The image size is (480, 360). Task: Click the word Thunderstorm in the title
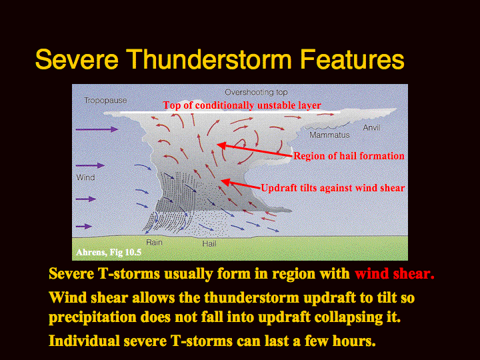pyautogui.click(x=209, y=59)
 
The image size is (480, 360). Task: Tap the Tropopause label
pyautogui.click(x=105, y=101)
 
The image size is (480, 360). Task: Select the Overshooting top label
pyautogui.click(x=256, y=93)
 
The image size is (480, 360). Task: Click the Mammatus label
pyautogui.click(x=329, y=135)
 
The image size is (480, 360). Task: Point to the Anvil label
pyautogui.click(x=371, y=127)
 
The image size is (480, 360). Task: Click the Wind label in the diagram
pyautogui.click(x=86, y=177)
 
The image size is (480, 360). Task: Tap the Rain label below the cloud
pyautogui.click(x=154, y=243)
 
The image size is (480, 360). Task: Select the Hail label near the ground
pyautogui.click(x=209, y=244)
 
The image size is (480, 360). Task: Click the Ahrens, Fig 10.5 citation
pyautogui.click(x=109, y=252)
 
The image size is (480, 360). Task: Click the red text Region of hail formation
pyautogui.click(x=349, y=156)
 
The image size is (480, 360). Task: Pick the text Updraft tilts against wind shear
pyautogui.click(x=333, y=188)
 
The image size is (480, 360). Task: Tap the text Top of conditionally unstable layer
pyautogui.click(x=242, y=105)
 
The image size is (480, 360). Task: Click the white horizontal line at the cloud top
pyautogui.click(x=230, y=113)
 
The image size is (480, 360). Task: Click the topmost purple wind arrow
pyautogui.click(x=97, y=129)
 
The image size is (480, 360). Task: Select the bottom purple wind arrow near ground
pyautogui.click(x=84, y=227)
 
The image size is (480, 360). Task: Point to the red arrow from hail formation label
pyautogui.click(x=255, y=150)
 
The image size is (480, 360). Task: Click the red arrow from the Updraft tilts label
pyautogui.click(x=241, y=185)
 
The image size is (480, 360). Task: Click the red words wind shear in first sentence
pyautogui.click(x=395, y=274)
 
